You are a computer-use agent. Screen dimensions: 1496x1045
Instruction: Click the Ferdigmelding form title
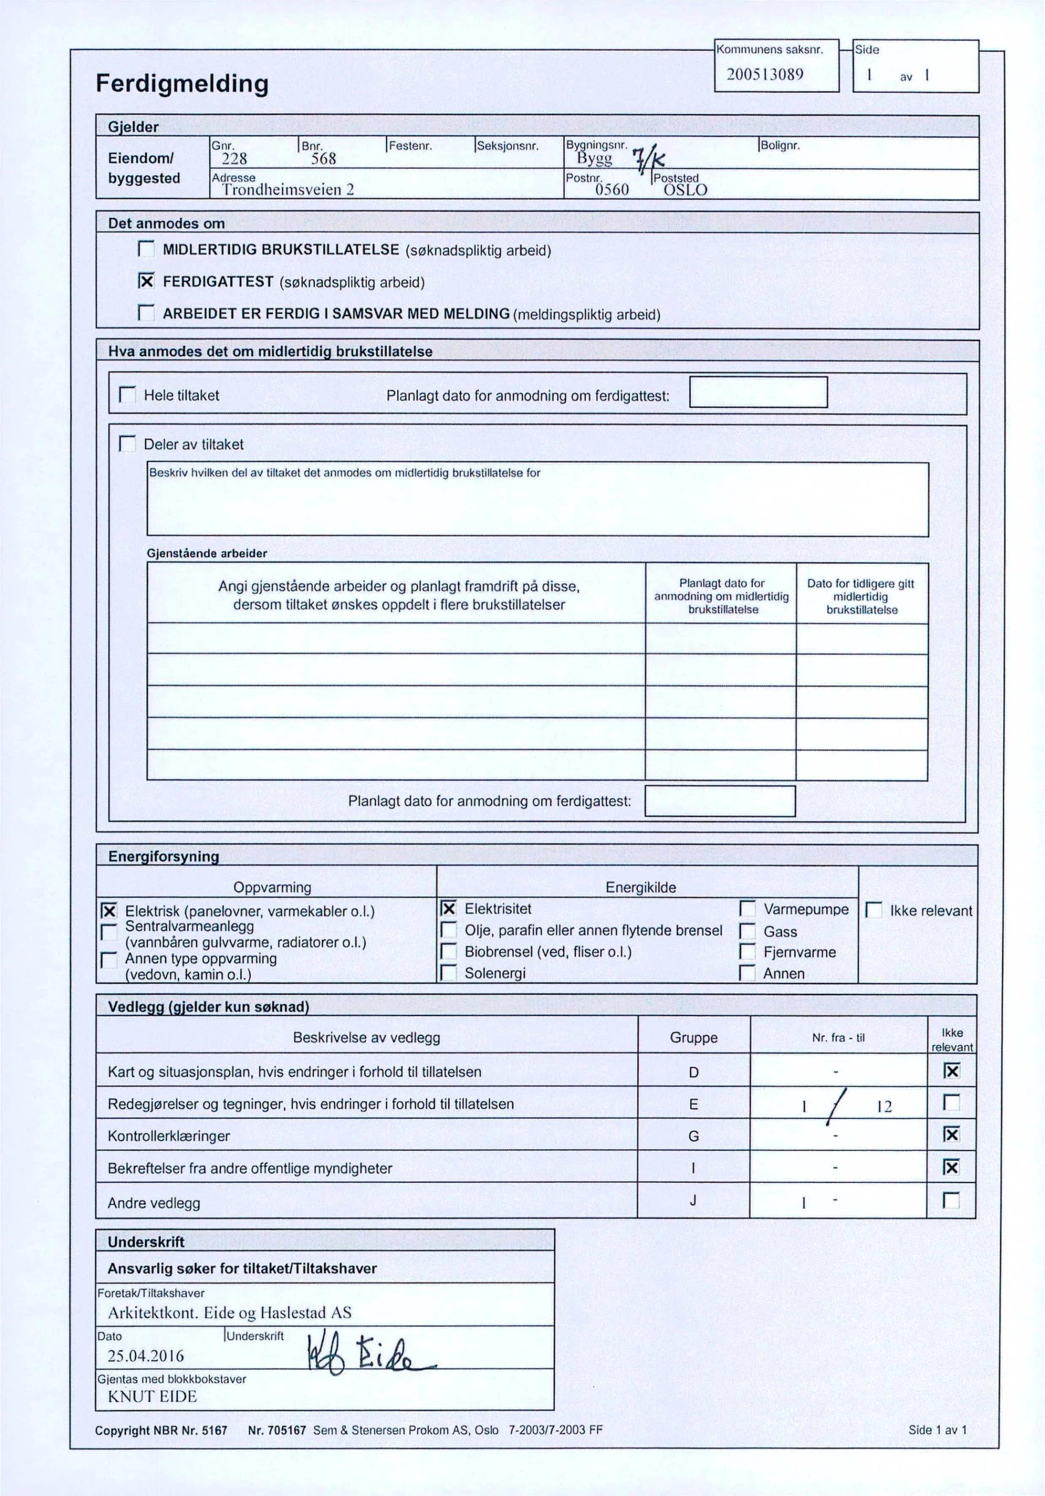pos(182,84)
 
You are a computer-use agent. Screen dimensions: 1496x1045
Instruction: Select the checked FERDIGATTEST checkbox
pos(147,281)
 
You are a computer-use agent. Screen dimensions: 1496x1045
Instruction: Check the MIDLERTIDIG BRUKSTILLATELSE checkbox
pos(146,250)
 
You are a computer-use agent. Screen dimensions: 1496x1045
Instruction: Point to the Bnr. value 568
pos(323,158)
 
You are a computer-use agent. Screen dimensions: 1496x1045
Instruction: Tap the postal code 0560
pos(612,190)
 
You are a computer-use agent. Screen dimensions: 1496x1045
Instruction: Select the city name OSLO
pos(685,190)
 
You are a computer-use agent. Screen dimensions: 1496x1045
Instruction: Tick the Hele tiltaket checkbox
pos(127,395)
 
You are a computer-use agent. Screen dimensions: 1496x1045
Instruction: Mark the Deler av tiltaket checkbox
pos(127,444)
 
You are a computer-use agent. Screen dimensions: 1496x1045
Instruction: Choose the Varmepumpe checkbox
pos(747,909)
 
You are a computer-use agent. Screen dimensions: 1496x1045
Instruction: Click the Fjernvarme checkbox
pos(747,953)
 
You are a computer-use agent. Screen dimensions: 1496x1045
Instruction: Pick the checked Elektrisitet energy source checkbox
pos(448,909)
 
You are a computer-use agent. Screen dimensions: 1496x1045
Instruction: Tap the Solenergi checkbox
pos(448,974)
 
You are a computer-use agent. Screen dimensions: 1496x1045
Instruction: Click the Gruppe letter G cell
pos(693,1136)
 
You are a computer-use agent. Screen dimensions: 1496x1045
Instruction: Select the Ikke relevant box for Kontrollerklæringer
pos(952,1135)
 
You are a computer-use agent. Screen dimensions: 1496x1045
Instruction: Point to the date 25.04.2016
pos(146,1356)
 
